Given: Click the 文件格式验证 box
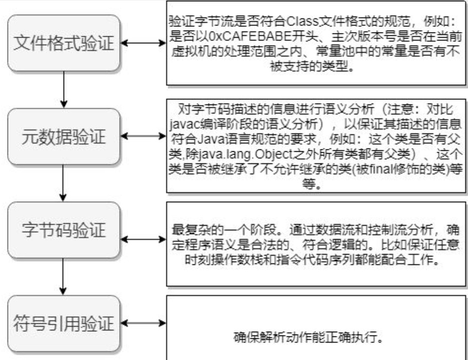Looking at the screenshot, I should coord(63,43).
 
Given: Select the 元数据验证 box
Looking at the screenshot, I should coord(63,136).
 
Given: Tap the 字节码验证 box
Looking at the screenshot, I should coord(63,229).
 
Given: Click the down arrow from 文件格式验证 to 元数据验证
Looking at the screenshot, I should coord(63,90).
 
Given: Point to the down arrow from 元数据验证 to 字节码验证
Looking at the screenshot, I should coord(63,183).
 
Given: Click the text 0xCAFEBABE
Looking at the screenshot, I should coord(231,35).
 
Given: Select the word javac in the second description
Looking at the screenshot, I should coord(182,123).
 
